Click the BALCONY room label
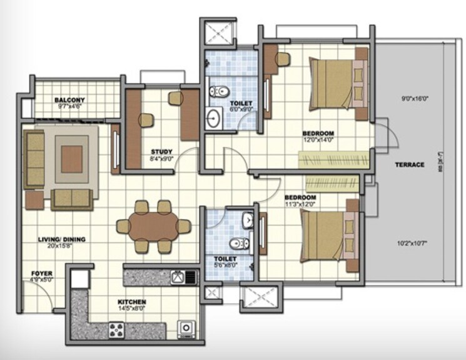pos(69,100)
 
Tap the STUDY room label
pos(161,151)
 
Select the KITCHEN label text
pos(131,301)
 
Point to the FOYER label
pos(43,274)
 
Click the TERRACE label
pos(409,165)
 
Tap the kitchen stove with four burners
pos(117,329)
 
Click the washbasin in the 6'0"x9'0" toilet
pos(213,116)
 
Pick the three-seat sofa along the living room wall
pos(34,159)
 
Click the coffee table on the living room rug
pos(72,159)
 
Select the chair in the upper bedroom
pos(282,60)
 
